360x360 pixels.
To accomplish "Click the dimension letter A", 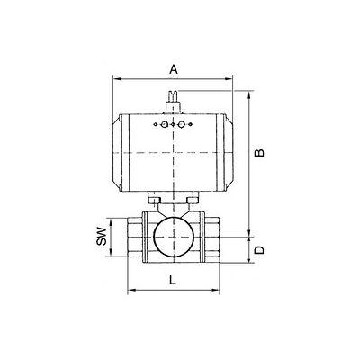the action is coord(174,69).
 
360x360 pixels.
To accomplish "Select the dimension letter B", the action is coord(259,152).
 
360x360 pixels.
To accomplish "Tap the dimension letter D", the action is coord(259,249).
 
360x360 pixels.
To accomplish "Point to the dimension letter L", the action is coord(172,280).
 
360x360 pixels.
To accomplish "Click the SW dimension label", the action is coord(102,237).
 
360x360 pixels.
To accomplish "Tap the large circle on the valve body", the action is coord(174,237).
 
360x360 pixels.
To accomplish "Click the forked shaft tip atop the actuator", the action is coord(173,96).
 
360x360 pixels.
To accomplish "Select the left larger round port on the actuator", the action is coord(164,124).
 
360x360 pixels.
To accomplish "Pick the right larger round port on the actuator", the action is coord(181,124).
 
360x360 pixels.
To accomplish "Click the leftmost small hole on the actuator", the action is coord(156,124).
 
